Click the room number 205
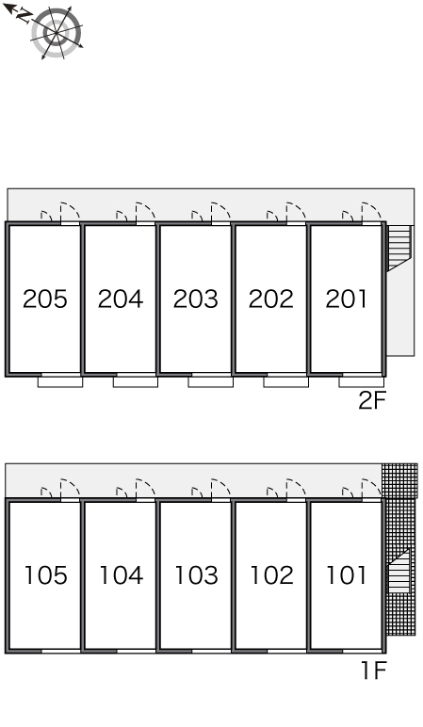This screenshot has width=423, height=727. click(45, 299)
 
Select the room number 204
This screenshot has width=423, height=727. click(121, 299)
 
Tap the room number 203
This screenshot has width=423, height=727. click(196, 299)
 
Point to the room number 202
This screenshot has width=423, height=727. click(271, 299)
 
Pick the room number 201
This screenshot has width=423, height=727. click(346, 299)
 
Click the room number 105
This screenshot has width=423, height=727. click(46, 575)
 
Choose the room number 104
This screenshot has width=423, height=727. click(122, 575)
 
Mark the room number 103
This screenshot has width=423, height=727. click(197, 575)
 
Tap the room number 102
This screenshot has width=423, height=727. click(272, 575)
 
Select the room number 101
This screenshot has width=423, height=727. click(347, 575)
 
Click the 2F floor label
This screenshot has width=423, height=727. click(372, 400)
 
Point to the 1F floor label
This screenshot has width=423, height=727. click(374, 670)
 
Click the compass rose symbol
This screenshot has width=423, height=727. click(57, 33)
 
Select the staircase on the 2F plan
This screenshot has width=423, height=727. click(399, 248)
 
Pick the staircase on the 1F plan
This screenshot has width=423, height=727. click(399, 571)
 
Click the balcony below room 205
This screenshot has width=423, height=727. click(60, 382)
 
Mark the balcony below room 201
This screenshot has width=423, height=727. click(362, 382)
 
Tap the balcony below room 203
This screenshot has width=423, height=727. click(211, 382)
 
